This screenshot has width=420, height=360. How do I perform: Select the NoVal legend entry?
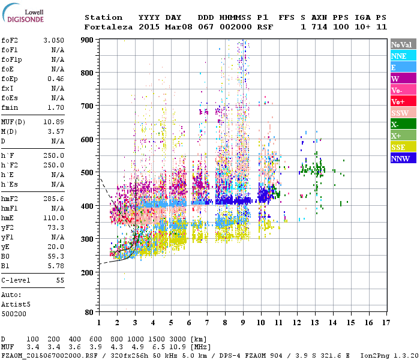403,44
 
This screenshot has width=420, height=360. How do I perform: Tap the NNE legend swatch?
403,56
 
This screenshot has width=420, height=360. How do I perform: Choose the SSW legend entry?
403,113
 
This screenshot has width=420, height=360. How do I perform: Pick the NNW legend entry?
403,158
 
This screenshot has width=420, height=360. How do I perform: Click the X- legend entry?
403,124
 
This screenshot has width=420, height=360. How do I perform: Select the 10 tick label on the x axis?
261,322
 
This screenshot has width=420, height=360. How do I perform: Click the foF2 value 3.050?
53,40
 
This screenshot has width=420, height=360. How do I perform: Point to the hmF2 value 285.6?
53,198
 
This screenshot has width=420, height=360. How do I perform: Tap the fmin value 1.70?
56,108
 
